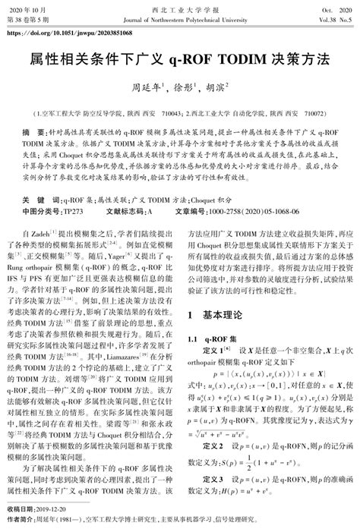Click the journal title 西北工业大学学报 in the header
click(x=179, y=8)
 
